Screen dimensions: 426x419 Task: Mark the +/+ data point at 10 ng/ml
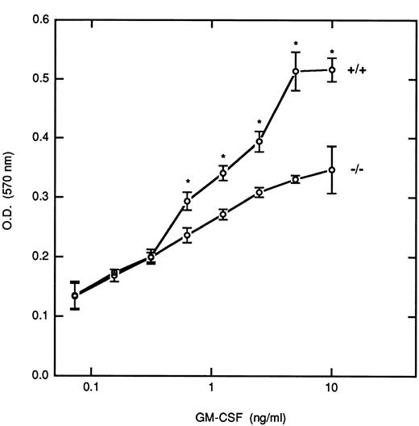coord(331,70)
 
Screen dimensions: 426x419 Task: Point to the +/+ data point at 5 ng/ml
coord(296,72)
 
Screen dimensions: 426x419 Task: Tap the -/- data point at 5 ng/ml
coord(296,179)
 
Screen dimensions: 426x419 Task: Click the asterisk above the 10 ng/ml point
coord(331,51)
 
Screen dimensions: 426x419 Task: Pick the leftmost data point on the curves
coord(75,295)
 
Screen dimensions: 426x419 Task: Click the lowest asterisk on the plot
coord(187,182)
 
